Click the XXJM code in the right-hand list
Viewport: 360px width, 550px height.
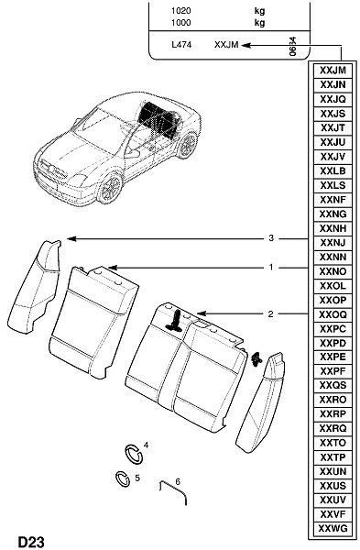(x=333, y=71)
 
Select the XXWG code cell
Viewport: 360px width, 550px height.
(x=333, y=528)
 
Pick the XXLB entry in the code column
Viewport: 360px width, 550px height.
(x=333, y=170)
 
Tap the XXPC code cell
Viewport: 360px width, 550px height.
(x=333, y=329)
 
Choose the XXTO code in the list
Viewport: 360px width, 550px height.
(x=333, y=443)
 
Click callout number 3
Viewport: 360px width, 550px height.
(x=271, y=238)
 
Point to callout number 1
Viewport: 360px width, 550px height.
(x=271, y=268)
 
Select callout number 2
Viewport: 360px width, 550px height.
(x=270, y=313)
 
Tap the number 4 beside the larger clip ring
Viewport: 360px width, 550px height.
(x=147, y=445)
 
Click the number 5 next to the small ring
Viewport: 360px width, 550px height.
(x=137, y=478)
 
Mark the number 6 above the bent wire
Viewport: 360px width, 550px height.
(x=178, y=481)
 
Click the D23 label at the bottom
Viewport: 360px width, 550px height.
(x=31, y=542)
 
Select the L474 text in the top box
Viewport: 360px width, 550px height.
(x=181, y=45)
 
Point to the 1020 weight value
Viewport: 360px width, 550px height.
(x=180, y=11)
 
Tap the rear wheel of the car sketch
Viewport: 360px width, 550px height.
(x=187, y=145)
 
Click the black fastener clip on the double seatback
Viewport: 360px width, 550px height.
(x=176, y=321)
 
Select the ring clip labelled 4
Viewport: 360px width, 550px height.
(x=134, y=454)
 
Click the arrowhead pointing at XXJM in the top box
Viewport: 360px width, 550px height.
(x=246, y=45)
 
